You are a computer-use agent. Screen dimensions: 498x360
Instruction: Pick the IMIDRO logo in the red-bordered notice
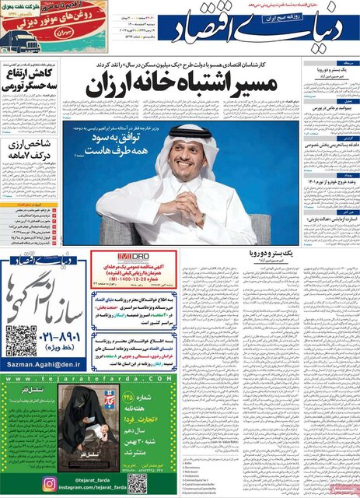tap(106, 255)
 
